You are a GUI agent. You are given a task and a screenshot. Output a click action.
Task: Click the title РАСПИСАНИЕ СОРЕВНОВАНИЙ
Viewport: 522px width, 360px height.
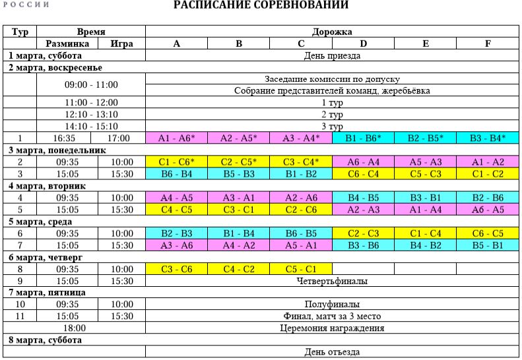(261, 5)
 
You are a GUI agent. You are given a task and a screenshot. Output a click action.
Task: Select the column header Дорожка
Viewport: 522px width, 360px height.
(332, 32)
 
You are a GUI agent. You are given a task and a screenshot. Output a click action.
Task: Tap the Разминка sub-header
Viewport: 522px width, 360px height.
(67, 44)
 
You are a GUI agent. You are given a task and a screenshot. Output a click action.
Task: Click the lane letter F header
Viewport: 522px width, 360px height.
(488, 44)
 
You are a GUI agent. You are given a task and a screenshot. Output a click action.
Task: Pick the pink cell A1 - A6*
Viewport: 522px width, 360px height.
(176, 138)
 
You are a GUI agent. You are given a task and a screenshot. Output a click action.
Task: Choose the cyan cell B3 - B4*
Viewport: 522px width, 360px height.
(488, 138)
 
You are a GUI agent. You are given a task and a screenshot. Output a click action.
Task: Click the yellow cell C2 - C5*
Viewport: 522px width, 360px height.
(239, 162)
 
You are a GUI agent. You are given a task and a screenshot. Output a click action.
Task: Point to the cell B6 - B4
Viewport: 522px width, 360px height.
(176, 174)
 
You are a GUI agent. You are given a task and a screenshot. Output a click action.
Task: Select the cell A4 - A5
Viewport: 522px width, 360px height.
(176, 198)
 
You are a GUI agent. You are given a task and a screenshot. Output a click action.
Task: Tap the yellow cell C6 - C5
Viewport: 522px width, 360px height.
(488, 233)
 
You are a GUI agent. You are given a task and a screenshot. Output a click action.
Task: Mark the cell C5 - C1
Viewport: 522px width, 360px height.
(301, 269)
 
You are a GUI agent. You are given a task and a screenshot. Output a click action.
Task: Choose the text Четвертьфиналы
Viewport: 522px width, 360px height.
(332, 281)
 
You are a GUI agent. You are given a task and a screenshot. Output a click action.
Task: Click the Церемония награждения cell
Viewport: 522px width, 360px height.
(332, 328)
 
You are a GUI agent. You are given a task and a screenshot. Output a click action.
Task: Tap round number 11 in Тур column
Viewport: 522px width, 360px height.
(20, 316)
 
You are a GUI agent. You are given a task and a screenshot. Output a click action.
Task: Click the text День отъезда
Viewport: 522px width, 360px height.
(332, 351)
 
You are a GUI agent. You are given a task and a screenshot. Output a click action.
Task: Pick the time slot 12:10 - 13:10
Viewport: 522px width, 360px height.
(91, 115)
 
